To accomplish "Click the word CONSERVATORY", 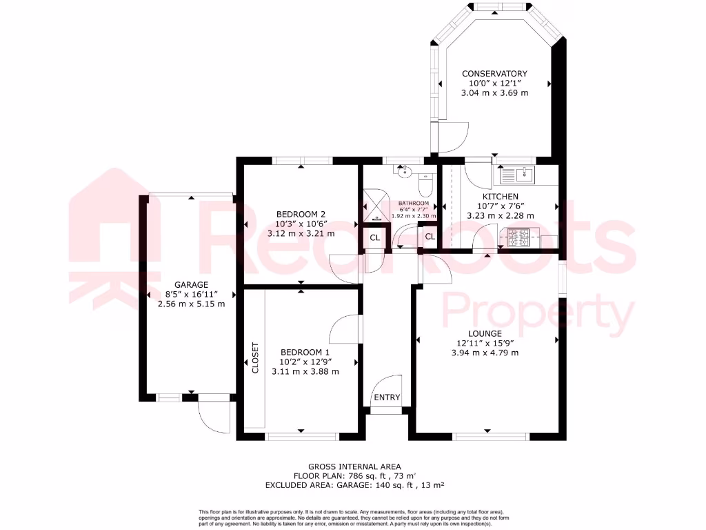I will click(494, 74).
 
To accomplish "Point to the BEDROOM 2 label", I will click(300, 214).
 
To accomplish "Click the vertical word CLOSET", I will click(255, 358).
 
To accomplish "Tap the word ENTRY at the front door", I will click(387, 397).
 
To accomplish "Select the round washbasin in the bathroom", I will click(405, 172).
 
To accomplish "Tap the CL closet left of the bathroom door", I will click(374, 238).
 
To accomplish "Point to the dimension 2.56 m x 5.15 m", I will click(191, 304).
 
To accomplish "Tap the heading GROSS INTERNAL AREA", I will click(354, 467).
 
